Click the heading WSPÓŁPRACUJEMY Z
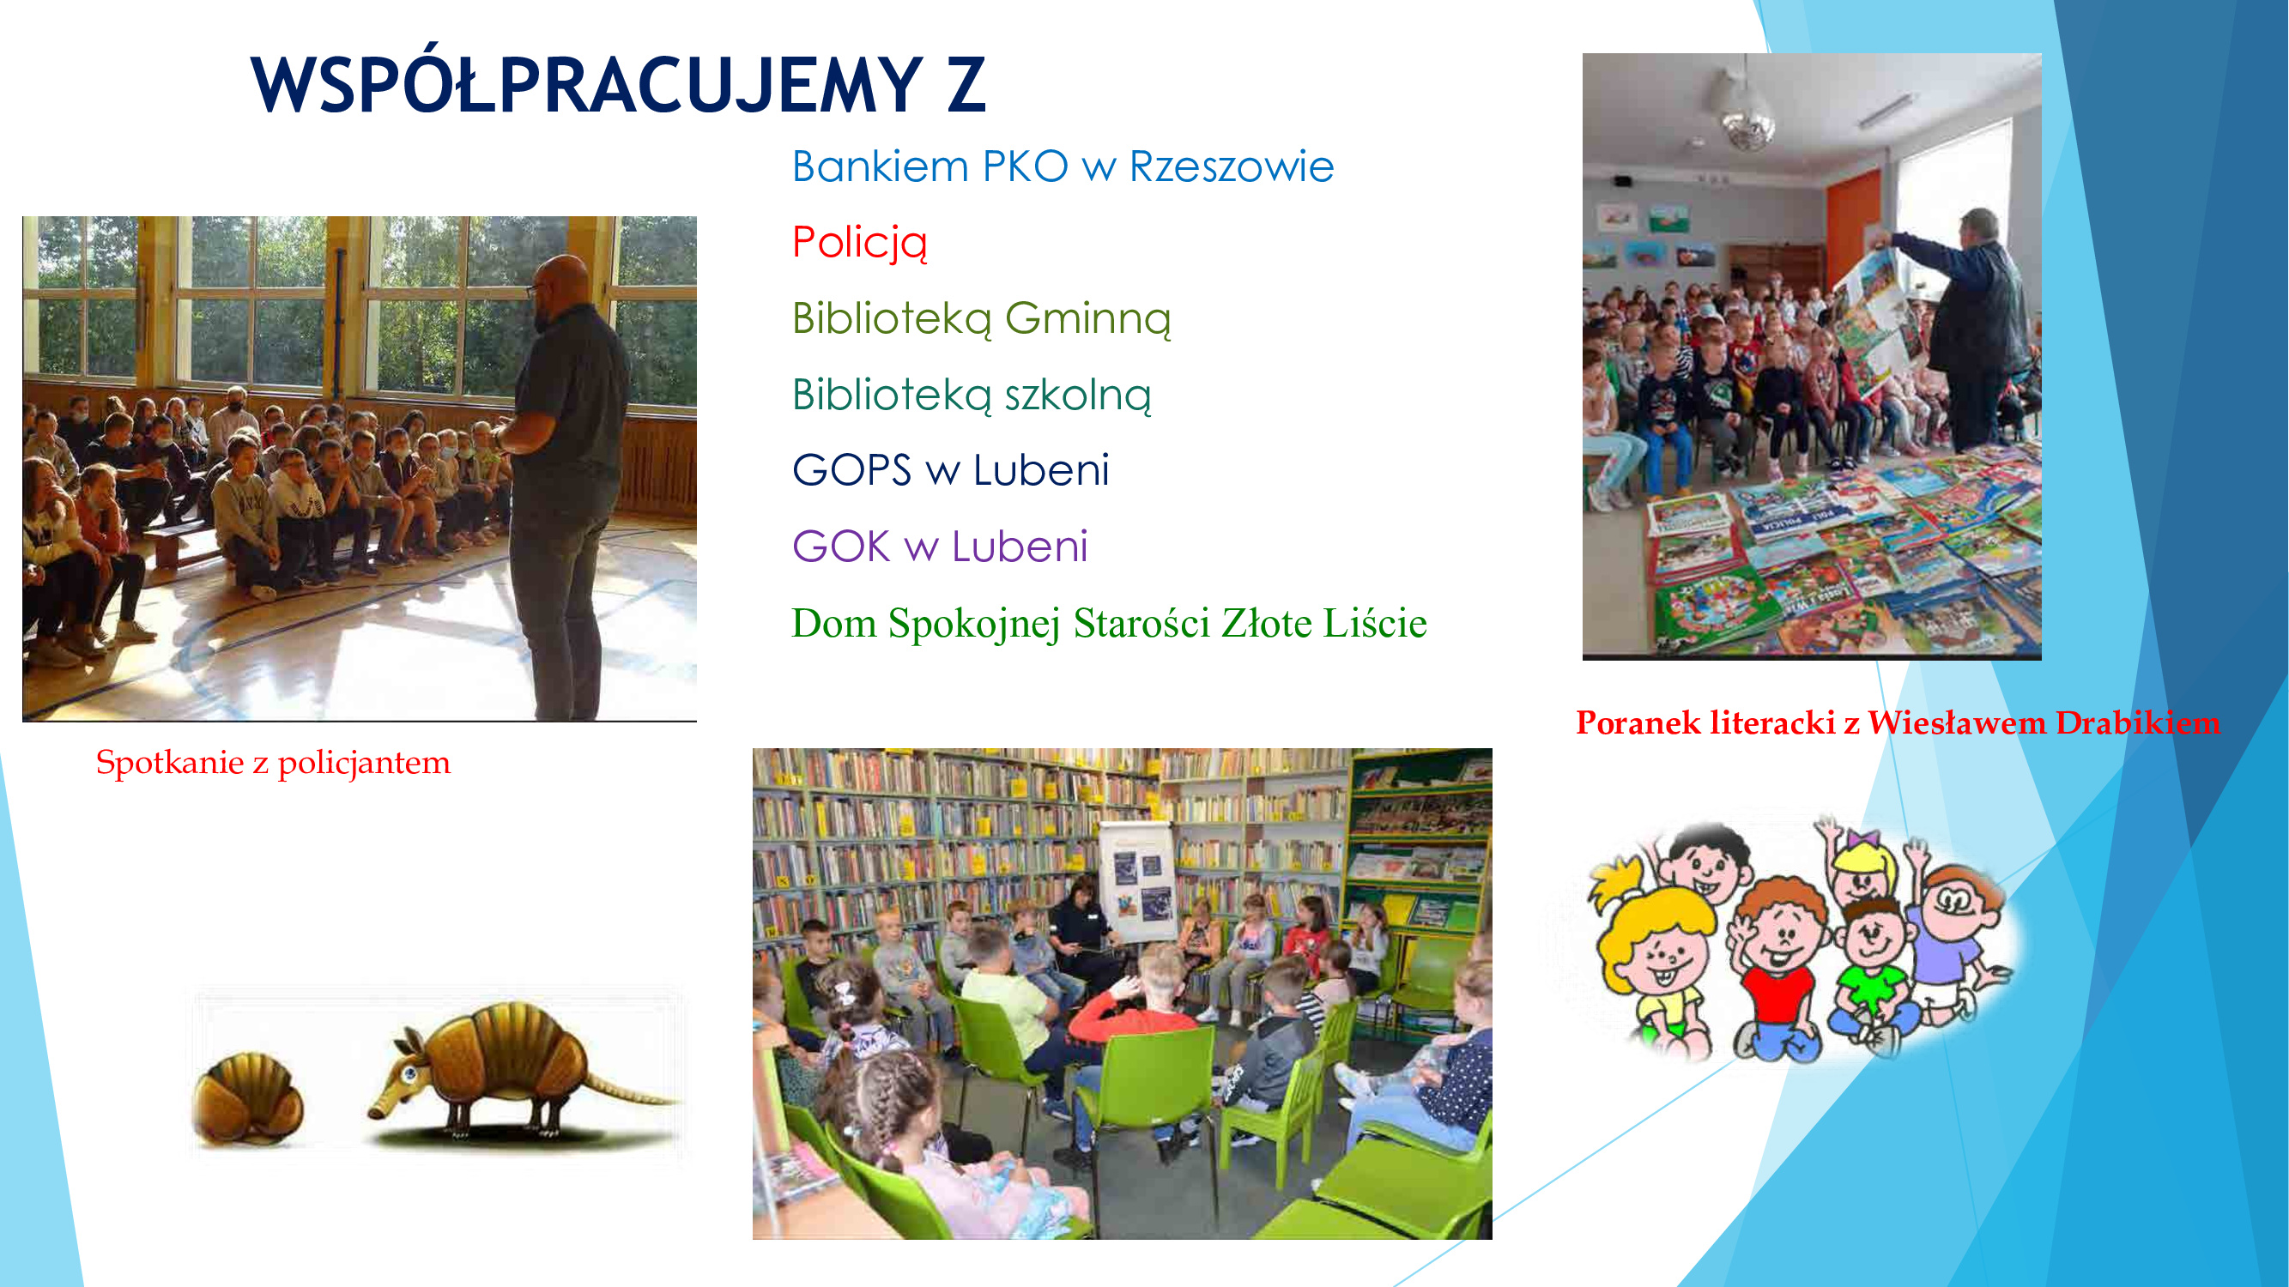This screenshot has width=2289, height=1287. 619,84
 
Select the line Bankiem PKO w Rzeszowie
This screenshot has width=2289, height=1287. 1063,166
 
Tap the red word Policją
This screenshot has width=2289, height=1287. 859,244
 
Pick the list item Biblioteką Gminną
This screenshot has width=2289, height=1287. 981,319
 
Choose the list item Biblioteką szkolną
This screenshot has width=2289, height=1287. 972,396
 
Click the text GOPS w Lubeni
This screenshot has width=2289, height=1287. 950,470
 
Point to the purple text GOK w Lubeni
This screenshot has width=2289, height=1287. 939,547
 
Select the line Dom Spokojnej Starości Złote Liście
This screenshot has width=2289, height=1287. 1109,624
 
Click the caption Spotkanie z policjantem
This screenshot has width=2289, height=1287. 273,763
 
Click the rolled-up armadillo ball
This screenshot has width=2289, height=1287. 248,1098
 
